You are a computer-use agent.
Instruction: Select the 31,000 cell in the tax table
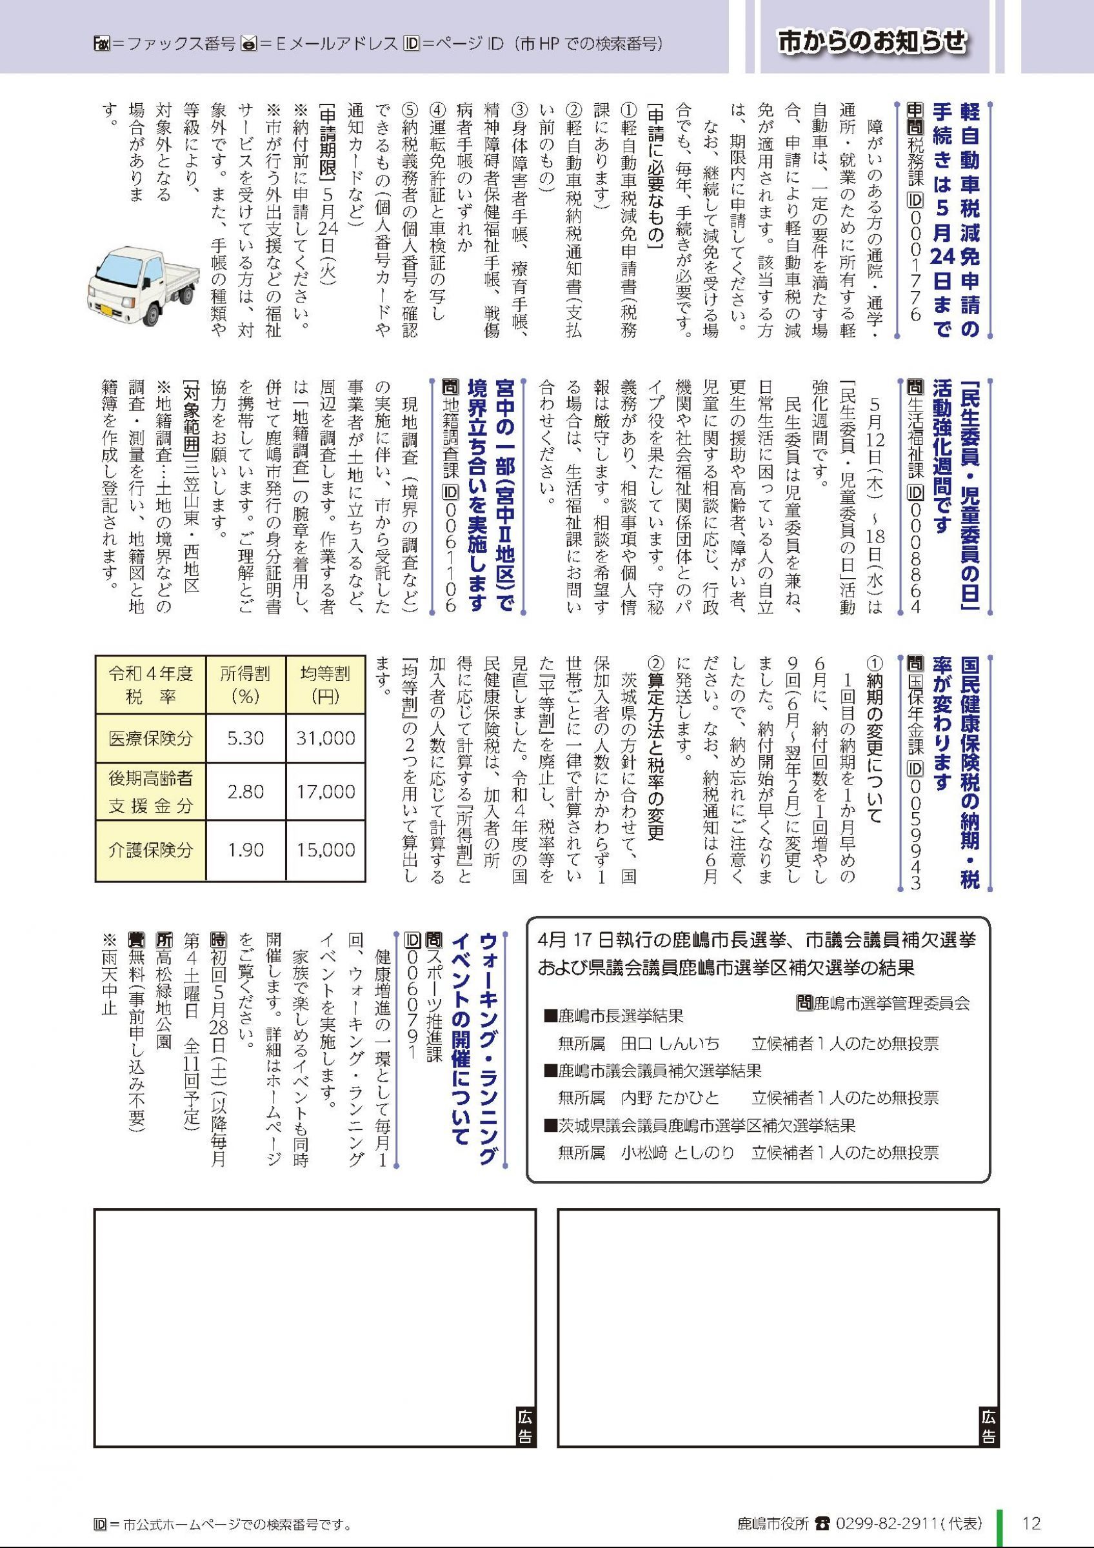pyautogui.click(x=326, y=738)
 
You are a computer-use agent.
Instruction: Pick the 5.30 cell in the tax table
pyautogui.click(x=245, y=738)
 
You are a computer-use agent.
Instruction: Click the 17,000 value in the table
pyautogui.click(x=326, y=791)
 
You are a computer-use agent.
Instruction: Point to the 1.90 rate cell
pyautogui.click(x=245, y=849)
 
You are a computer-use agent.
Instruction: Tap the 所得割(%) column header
pyautogui.click(x=245, y=684)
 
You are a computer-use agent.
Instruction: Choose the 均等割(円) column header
pyautogui.click(x=326, y=684)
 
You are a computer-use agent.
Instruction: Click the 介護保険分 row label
pyautogui.click(x=150, y=849)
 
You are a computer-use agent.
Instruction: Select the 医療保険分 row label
pyautogui.click(x=150, y=738)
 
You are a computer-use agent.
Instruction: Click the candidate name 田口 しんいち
pyautogui.click(x=670, y=1044)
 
